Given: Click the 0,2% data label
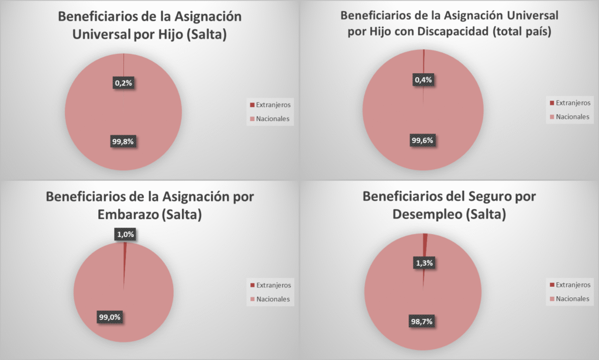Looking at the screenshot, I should click(123, 83).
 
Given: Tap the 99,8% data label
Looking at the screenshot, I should click(123, 141).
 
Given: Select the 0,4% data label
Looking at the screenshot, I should click(423, 80).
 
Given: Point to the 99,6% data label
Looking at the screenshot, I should click(423, 140).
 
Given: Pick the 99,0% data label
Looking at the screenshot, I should click(109, 317).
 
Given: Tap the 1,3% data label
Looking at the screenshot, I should click(424, 263).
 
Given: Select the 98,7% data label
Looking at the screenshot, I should click(424, 321).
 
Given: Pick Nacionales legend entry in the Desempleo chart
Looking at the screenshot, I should click(572, 299).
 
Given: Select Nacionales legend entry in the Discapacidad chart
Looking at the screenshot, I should click(572, 116).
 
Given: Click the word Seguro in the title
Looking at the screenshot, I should click(475, 196).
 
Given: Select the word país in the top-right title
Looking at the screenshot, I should click(537, 32).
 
